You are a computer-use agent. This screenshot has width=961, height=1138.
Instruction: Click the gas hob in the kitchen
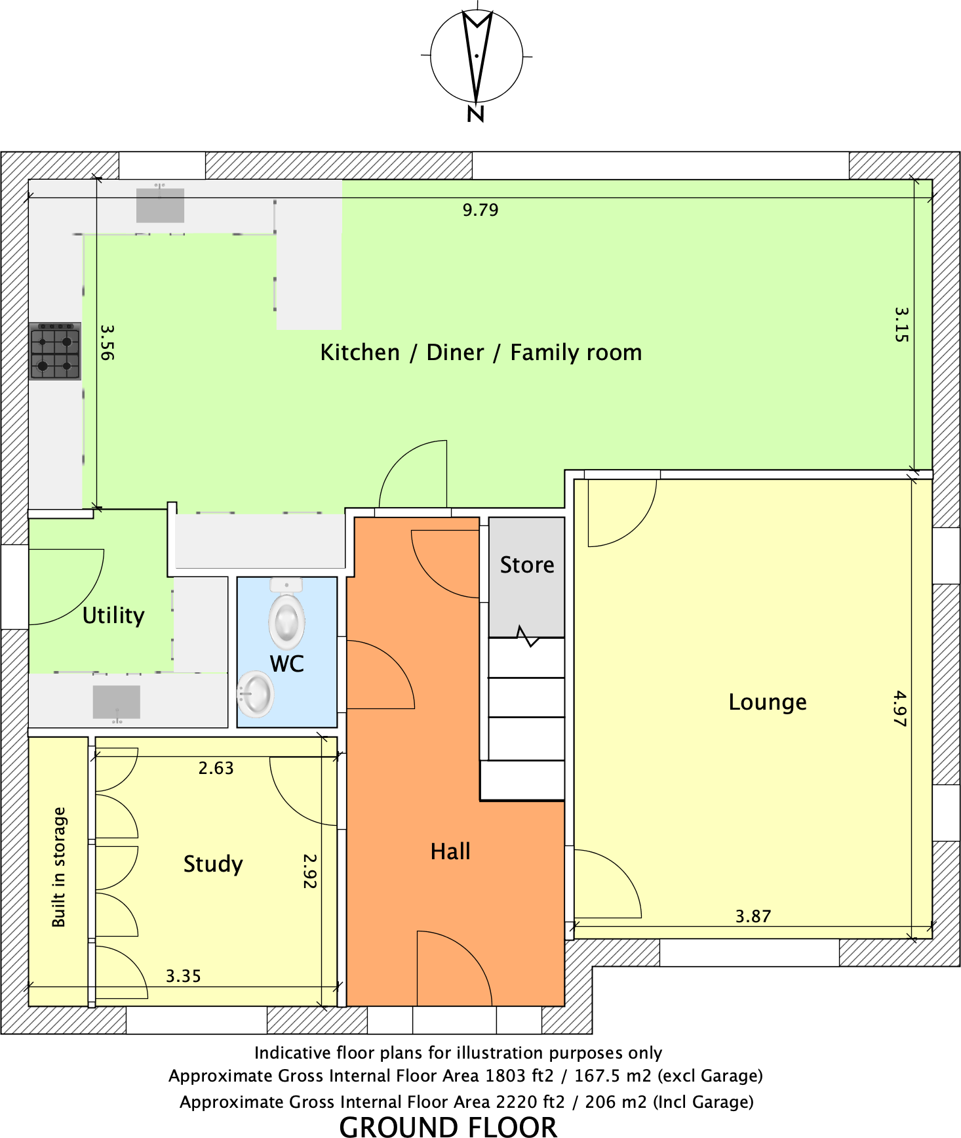pyautogui.click(x=55, y=351)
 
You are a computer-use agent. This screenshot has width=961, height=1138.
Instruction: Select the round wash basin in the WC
pyautogui.click(x=256, y=694)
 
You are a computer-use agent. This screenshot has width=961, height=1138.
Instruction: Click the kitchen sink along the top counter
pyautogui.click(x=160, y=205)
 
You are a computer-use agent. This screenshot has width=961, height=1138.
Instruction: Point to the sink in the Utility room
pyautogui.click(x=117, y=702)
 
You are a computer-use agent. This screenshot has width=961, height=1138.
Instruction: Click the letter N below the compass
pyautogui.click(x=476, y=114)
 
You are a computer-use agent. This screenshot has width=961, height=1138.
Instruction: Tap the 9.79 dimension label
pyautogui.click(x=480, y=210)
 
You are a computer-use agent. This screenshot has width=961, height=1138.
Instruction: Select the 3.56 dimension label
pyautogui.click(x=108, y=342)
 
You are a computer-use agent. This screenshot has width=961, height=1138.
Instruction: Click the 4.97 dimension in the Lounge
pyautogui.click(x=900, y=708)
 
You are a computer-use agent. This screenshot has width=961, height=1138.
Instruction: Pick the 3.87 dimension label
pyautogui.click(x=753, y=916)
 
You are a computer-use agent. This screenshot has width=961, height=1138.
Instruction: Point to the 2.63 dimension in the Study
pyautogui.click(x=216, y=768)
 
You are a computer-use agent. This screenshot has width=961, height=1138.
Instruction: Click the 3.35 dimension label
pyautogui.click(x=184, y=976)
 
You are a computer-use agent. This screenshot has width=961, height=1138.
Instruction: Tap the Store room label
pyautogui.click(x=527, y=565)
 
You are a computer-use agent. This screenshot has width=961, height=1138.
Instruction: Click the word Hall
pyautogui.click(x=450, y=851)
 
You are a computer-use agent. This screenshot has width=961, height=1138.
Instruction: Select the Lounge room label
pyautogui.click(x=768, y=702)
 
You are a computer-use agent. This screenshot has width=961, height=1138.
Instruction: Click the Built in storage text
pyautogui.click(x=59, y=866)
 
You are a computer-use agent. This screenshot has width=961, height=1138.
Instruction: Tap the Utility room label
pyautogui.click(x=113, y=615)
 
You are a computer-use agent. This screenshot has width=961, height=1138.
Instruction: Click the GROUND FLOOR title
pyautogui.click(x=448, y=1126)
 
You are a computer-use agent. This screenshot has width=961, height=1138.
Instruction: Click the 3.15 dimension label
pyautogui.click(x=902, y=324)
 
